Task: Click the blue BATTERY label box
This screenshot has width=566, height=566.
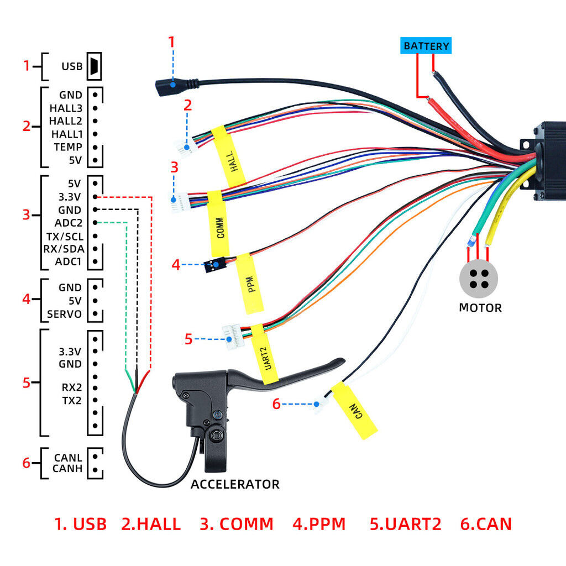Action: click(426, 46)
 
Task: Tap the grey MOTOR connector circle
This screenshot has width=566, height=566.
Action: click(479, 278)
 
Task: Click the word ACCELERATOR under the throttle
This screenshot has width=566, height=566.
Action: click(235, 485)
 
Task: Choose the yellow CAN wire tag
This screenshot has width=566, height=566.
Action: click(354, 410)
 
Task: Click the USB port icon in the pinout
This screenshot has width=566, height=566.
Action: click(95, 66)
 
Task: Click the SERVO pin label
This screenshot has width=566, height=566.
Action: click(64, 315)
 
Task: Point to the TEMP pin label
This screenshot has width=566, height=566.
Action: click(68, 147)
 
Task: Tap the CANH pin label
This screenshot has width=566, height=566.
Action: click(68, 469)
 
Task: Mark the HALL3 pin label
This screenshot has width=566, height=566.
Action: click(66, 108)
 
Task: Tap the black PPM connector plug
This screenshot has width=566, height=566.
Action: click(213, 266)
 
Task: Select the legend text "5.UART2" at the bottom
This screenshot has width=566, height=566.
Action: click(406, 524)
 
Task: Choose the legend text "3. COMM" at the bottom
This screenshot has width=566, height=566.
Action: click(237, 524)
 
